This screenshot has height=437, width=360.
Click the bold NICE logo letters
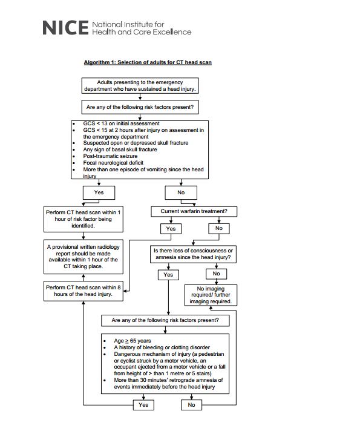65,28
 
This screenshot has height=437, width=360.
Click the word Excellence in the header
172,32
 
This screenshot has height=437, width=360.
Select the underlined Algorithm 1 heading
148,62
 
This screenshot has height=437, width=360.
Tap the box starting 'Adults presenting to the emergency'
140,85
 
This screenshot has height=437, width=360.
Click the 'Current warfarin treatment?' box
194,211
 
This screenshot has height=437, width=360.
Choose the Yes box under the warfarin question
171,229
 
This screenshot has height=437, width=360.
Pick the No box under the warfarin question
219,229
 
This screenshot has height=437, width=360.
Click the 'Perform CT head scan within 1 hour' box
83,219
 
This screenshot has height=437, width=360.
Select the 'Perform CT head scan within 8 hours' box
83,291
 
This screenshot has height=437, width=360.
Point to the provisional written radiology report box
83,257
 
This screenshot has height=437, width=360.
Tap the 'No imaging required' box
211,295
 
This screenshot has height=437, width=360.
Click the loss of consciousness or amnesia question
193,254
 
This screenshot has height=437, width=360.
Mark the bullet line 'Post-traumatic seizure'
110,156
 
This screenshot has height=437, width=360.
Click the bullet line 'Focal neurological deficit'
113,163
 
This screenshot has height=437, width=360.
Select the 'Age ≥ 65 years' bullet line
133,341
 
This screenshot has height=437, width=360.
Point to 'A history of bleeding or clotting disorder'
162,347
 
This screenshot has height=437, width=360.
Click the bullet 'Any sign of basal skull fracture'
120,149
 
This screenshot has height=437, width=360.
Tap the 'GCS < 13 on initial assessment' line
121,123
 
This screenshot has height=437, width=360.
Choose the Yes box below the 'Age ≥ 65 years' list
143,405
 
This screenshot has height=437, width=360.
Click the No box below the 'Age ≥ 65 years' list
191,405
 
